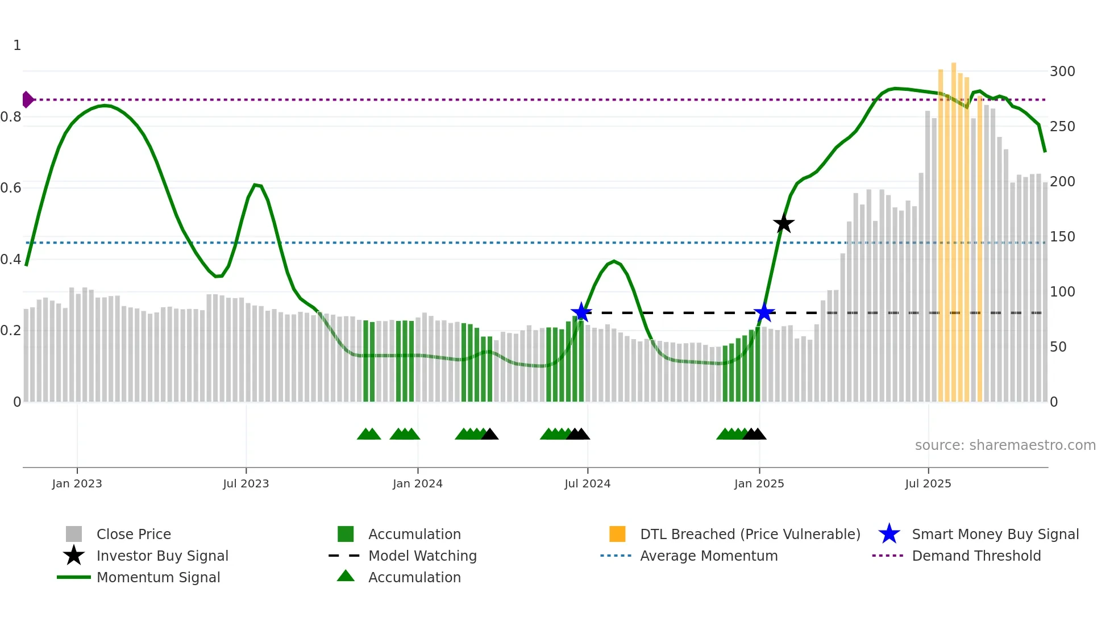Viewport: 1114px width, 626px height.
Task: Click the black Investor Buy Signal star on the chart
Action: (x=784, y=224)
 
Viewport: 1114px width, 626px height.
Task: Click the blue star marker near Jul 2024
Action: (x=581, y=312)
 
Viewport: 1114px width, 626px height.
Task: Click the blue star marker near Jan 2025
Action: (x=764, y=312)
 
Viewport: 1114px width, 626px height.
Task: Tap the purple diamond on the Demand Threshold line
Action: (x=27, y=99)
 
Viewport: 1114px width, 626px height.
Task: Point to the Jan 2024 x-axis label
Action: (x=417, y=483)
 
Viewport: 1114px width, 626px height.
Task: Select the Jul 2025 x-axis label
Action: (x=928, y=483)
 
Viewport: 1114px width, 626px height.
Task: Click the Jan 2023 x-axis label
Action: (x=77, y=483)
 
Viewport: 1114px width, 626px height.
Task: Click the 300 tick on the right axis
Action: (x=1062, y=72)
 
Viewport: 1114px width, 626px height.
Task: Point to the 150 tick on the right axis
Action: (x=1062, y=237)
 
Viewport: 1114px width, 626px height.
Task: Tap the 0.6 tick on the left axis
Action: (x=11, y=188)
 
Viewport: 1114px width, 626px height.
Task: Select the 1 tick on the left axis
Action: (x=17, y=45)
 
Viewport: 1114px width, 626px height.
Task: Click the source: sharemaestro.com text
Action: (x=1005, y=445)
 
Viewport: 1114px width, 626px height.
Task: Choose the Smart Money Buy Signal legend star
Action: (x=889, y=534)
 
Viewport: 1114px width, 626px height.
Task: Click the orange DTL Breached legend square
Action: (x=617, y=534)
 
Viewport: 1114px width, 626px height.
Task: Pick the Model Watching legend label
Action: (x=422, y=556)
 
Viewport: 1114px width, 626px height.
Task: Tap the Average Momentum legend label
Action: (x=709, y=556)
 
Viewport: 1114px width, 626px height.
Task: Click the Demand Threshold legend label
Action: (x=976, y=556)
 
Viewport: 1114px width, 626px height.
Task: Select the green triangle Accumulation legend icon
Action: (x=346, y=576)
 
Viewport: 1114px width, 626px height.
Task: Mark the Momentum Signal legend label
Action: (x=158, y=577)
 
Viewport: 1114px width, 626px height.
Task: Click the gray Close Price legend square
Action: (x=74, y=534)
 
